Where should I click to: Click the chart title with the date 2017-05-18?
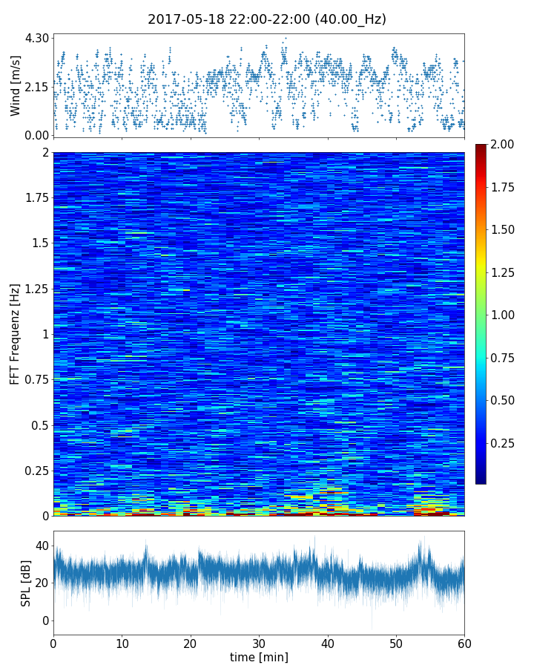(267, 19)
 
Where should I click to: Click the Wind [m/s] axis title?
(16, 87)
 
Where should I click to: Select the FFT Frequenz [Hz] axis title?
(16, 334)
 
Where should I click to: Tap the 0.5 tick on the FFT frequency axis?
(39, 425)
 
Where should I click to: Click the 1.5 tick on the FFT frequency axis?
(39, 243)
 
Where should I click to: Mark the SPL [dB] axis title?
(26, 583)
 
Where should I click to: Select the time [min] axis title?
(259, 657)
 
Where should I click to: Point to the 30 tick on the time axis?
(259, 643)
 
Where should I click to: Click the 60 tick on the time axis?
(464, 643)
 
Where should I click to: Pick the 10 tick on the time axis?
(122, 643)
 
